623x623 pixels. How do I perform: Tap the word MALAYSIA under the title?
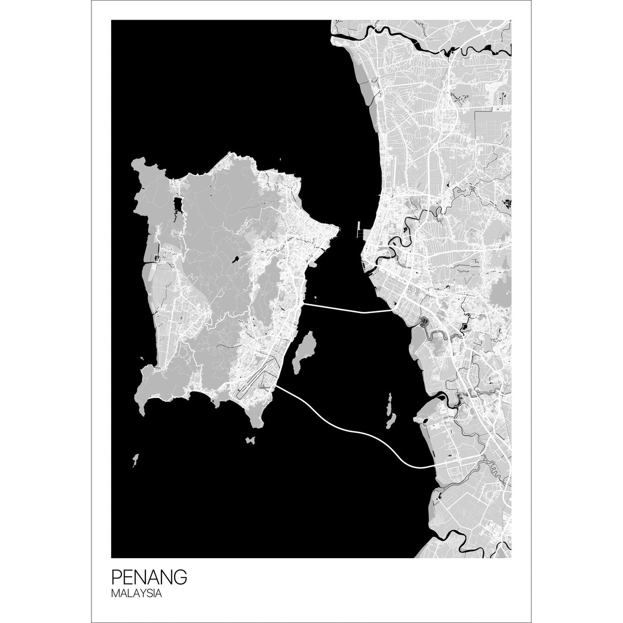pyautogui.click(x=137, y=593)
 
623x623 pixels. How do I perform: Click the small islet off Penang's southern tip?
pyautogui.click(x=251, y=440)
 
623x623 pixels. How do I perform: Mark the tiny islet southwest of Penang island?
pyautogui.click(x=135, y=460)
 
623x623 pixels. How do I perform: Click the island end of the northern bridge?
pyautogui.click(x=304, y=304)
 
